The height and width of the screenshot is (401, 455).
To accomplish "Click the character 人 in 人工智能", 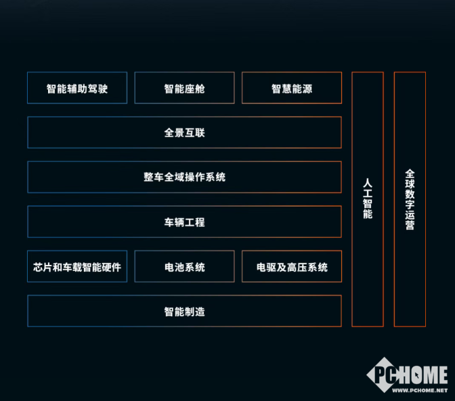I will (368, 182).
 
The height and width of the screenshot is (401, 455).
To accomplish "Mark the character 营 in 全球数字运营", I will (410, 226).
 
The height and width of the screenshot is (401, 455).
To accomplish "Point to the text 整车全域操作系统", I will (184, 177).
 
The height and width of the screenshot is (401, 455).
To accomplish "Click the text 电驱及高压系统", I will (292, 267).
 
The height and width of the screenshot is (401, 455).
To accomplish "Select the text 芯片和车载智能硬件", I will (77, 267).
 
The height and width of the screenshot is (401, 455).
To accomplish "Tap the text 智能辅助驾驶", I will (77, 89).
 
